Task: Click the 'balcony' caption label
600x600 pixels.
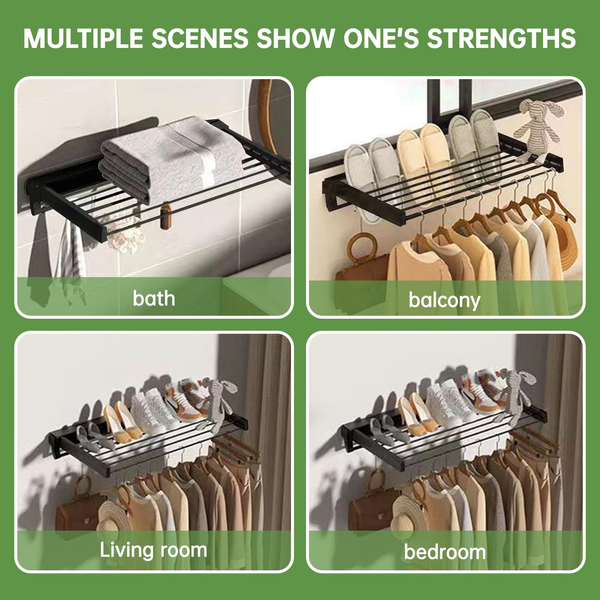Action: pos(444,300)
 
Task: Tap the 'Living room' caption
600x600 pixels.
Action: pos(154,550)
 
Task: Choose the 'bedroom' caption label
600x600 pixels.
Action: pos(445,552)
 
